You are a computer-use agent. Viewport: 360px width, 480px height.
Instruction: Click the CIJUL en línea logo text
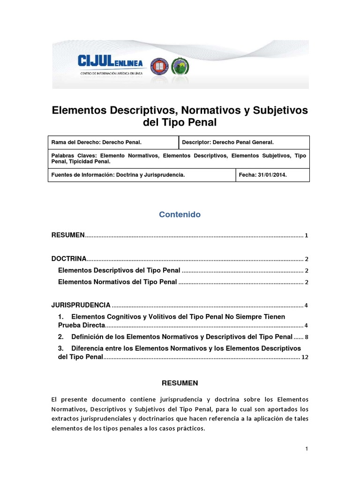coord(112,62)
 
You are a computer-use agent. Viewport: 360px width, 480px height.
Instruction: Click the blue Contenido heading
coord(180,215)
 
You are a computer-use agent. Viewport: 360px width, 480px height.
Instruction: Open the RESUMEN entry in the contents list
coord(68,235)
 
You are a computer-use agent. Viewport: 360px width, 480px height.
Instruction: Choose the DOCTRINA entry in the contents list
coord(69,258)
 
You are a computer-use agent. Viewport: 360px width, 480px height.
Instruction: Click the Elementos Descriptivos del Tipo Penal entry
coord(119,270)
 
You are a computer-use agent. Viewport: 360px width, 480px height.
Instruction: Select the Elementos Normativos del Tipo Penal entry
coord(117,282)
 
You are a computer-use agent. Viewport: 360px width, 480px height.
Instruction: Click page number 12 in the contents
coord(305,357)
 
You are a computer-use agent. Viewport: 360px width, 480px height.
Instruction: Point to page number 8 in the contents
coord(307,337)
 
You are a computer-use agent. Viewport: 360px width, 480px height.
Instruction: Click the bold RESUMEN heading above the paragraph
coord(180,383)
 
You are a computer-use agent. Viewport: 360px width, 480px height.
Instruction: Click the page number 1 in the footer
coord(307,449)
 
